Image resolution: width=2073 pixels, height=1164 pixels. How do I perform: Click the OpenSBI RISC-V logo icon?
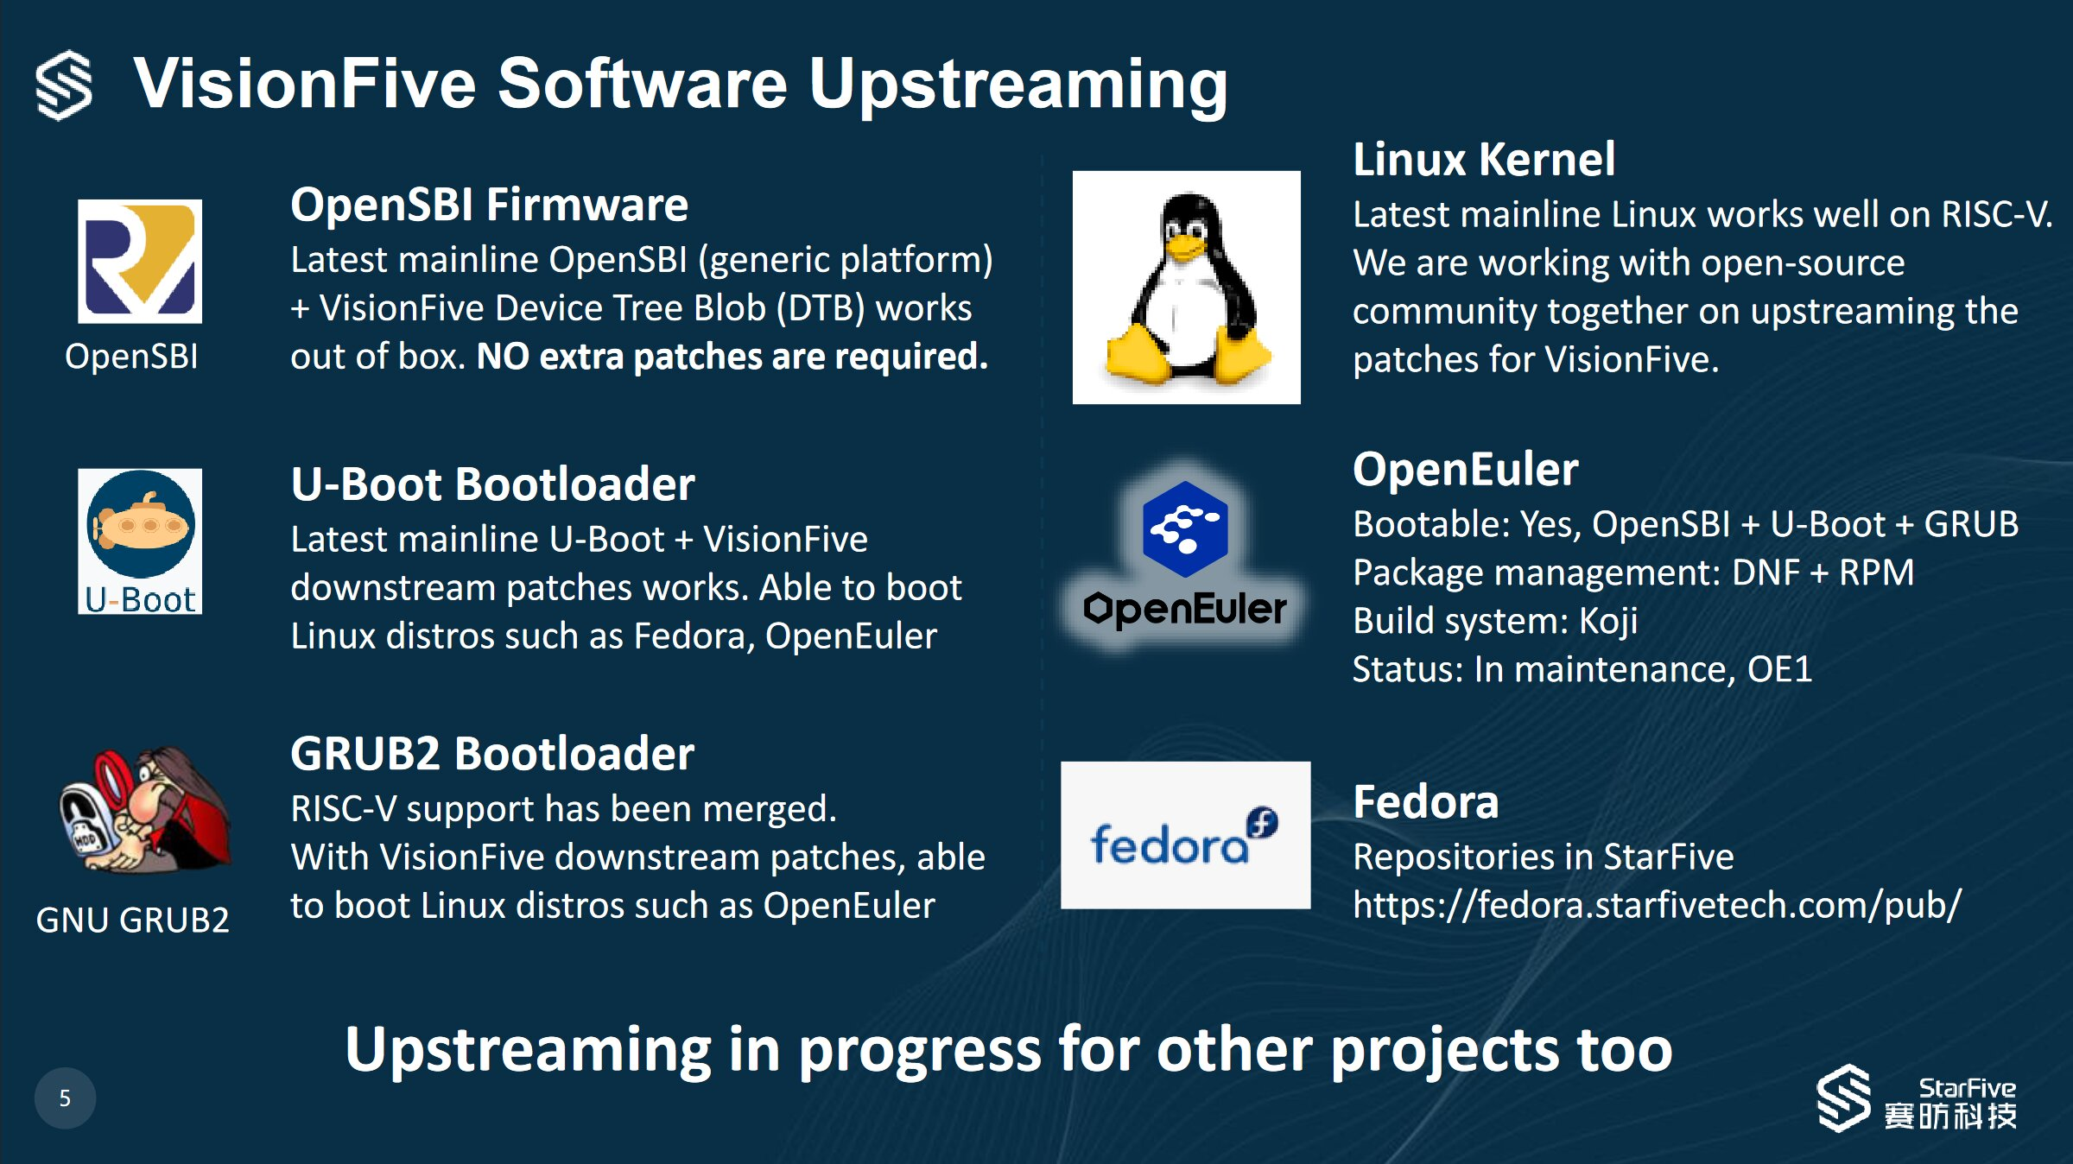140,262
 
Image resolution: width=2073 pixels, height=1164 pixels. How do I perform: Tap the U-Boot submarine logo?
140,541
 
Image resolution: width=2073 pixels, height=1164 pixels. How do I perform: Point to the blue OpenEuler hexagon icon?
1185,528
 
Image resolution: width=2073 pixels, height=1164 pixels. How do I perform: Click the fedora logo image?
1185,835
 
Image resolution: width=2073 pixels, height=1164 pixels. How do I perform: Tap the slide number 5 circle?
65,1098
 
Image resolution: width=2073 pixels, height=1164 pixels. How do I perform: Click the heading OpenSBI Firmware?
489,205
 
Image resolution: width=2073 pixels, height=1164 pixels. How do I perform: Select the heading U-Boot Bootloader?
492,484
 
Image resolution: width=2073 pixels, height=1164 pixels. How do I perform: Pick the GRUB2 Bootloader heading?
492,753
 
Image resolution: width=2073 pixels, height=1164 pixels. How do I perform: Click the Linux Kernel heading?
1484,159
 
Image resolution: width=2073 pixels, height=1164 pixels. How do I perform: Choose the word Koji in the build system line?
1608,621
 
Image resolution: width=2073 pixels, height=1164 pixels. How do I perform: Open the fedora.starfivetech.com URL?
1657,906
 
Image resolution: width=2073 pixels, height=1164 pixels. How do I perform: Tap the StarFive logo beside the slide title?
64,85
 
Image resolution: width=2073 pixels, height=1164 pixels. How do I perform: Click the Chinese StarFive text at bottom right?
1950,1116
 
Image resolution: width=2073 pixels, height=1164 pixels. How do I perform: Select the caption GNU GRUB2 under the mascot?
133,920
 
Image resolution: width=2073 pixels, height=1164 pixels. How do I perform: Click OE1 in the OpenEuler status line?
1779,669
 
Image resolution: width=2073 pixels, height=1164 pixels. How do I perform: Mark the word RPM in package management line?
1876,573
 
